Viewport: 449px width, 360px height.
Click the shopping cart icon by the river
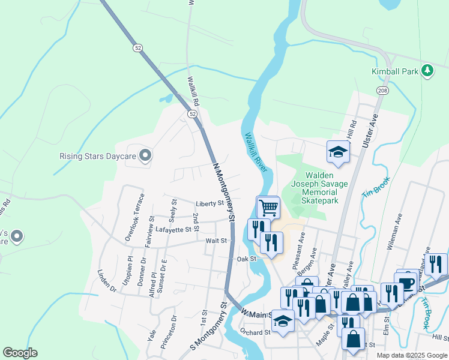click(268, 208)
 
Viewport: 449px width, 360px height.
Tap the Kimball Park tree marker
click(427, 71)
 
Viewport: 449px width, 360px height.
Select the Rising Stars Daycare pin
click(145, 156)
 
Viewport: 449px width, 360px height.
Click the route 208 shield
click(382, 90)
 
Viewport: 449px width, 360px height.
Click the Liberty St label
click(209, 203)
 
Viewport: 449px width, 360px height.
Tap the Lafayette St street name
click(176, 229)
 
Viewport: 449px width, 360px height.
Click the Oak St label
click(247, 259)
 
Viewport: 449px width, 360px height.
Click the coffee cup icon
click(406, 283)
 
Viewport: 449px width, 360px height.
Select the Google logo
click(20, 353)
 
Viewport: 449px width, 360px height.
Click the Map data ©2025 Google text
click(412, 355)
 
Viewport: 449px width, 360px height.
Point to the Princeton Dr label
click(169, 332)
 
